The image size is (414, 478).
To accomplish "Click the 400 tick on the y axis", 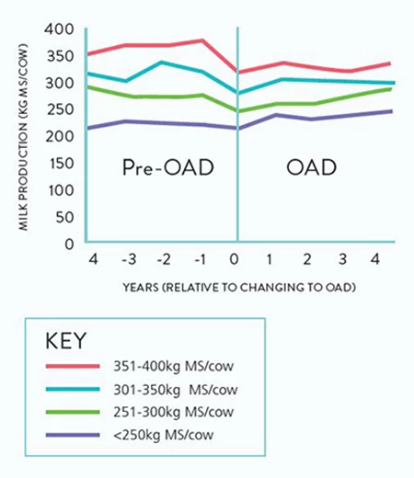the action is pyautogui.click(x=59, y=29).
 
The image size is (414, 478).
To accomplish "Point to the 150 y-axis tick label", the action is pyautogui.click(x=61, y=164).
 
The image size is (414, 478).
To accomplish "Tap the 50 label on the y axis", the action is pyautogui.click(x=65, y=217).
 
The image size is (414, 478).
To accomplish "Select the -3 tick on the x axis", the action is pyautogui.click(x=129, y=259).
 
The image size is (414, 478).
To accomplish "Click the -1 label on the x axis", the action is pyautogui.click(x=200, y=259).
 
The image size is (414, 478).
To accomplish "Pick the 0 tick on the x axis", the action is pyautogui.click(x=234, y=259).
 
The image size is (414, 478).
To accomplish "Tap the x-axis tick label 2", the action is pyautogui.click(x=307, y=259).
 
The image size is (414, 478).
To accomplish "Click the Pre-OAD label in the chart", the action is pyautogui.click(x=168, y=167).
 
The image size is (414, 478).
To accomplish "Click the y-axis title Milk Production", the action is pyautogui.click(x=23, y=137).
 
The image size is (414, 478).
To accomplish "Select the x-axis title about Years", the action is pyautogui.click(x=239, y=288).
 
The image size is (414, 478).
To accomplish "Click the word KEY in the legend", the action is pyautogui.click(x=65, y=340).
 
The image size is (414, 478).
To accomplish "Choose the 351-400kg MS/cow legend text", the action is pyautogui.click(x=174, y=366).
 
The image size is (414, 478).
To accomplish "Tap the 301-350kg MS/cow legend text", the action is pyautogui.click(x=176, y=390).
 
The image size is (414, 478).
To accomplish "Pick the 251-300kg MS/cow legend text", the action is pyautogui.click(x=174, y=412).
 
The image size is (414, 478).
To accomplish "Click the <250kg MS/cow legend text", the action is pyautogui.click(x=164, y=435).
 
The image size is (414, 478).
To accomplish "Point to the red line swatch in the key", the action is pyautogui.click(x=73, y=366).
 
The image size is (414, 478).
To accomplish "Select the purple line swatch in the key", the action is pyautogui.click(x=73, y=435).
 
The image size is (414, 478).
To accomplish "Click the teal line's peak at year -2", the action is pyautogui.click(x=162, y=63).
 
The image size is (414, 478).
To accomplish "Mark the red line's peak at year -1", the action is pyautogui.click(x=202, y=40).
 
